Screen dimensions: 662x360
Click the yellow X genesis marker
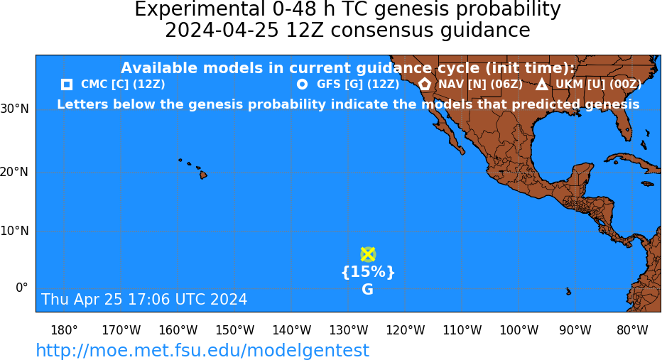(368, 254)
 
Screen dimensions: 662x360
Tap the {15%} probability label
(368, 272)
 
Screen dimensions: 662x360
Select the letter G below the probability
(368, 290)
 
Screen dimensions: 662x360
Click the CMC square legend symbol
(67, 84)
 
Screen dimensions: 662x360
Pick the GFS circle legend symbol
(303, 84)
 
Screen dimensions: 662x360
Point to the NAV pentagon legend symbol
(425, 84)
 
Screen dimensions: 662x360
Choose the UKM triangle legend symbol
(542, 84)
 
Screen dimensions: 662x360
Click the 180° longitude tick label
(64, 330)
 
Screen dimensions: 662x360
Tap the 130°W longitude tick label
(349, 330)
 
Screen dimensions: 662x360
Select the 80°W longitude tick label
(632, 330)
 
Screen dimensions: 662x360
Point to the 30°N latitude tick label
(14, 109)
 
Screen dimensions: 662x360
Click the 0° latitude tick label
(21, 288)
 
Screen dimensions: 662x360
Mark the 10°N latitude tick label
(14, 231)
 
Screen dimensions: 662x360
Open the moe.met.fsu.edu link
(202, 350)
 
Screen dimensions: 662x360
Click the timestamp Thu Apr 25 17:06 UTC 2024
(144, 299)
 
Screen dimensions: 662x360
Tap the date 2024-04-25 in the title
(222, 31)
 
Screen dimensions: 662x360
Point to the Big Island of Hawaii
(203, 174)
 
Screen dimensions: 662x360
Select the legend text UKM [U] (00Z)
(598, 84)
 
